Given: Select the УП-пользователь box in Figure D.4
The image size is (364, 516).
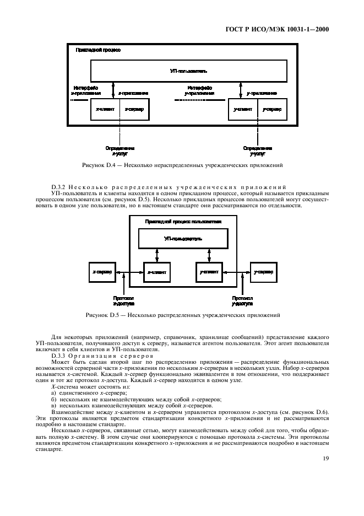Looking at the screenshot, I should [x=189, y=71].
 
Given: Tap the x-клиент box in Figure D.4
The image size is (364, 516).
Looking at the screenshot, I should [x=105, y=110].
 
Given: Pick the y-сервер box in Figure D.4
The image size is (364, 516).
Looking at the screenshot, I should [x=272, y=110].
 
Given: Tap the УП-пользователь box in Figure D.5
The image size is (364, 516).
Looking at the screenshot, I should [x=183, y=239].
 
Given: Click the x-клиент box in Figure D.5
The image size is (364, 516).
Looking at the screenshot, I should [x=156, y=272].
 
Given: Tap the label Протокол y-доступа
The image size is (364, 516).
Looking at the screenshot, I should [x=242, y=301].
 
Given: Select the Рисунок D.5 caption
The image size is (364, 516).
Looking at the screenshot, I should [x=182, y=316].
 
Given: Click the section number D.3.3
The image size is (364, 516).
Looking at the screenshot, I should [x=59, y=356].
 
